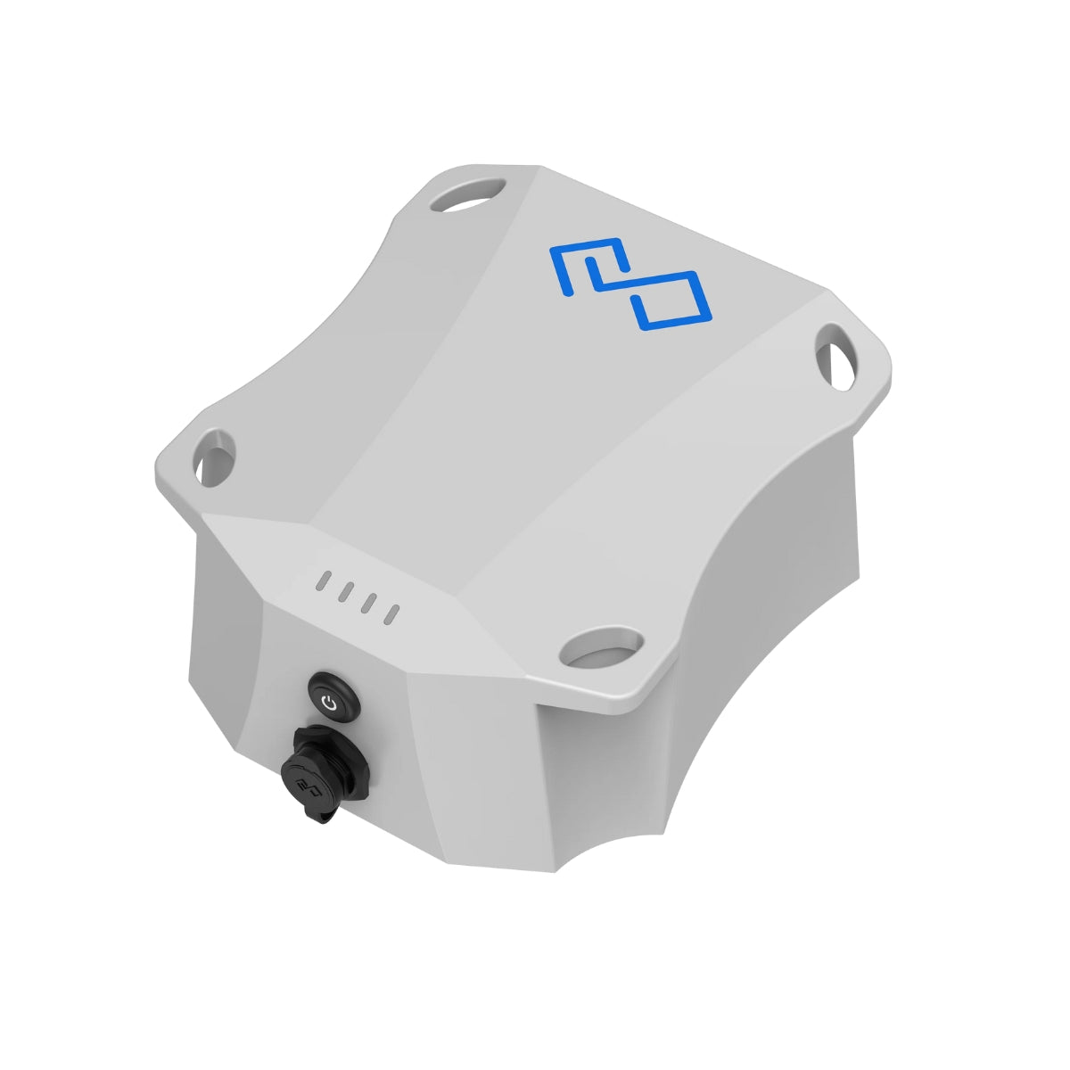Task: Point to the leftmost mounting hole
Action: tap(212, 461)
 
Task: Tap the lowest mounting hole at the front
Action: tap(602, 648)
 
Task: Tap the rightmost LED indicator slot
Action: tap(391, 613)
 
